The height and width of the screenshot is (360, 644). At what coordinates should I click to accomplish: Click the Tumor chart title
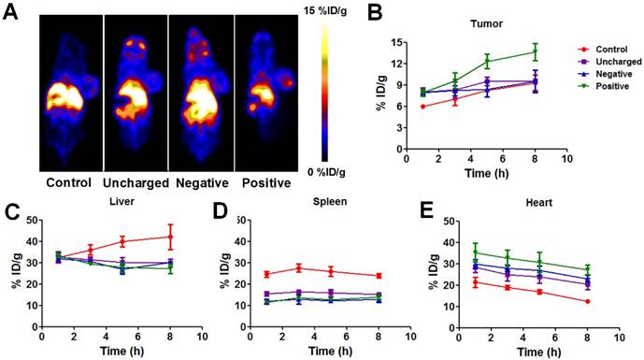point(486,23)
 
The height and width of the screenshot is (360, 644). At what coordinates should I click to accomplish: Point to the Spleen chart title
point(330,202)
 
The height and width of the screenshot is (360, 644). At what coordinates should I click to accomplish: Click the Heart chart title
point(539,202)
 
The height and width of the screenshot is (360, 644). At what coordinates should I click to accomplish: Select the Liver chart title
point(122,201)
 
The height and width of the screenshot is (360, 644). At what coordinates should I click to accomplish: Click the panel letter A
point(10,12)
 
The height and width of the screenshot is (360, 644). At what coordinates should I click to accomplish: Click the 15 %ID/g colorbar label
point(325,11)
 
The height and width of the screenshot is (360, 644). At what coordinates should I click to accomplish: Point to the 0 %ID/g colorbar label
point(326,172)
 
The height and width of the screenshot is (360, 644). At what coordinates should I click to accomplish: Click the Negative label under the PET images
point(202,183)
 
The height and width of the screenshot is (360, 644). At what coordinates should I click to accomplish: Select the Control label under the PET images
point(68,182)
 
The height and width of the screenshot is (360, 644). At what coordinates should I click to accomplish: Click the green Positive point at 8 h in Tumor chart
point(536,52)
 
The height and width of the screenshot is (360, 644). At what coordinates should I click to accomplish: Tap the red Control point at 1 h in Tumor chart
point(423,107)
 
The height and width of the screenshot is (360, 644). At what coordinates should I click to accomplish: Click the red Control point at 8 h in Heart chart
point(587,301)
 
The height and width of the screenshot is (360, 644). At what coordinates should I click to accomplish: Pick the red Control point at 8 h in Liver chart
point(170,237)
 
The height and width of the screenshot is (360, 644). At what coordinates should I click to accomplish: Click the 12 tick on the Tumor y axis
point(396,64)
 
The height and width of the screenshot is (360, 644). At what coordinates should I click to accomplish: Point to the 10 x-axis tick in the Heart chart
point(620,338)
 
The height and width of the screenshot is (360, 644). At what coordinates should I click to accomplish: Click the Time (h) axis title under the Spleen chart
point(330,352)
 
